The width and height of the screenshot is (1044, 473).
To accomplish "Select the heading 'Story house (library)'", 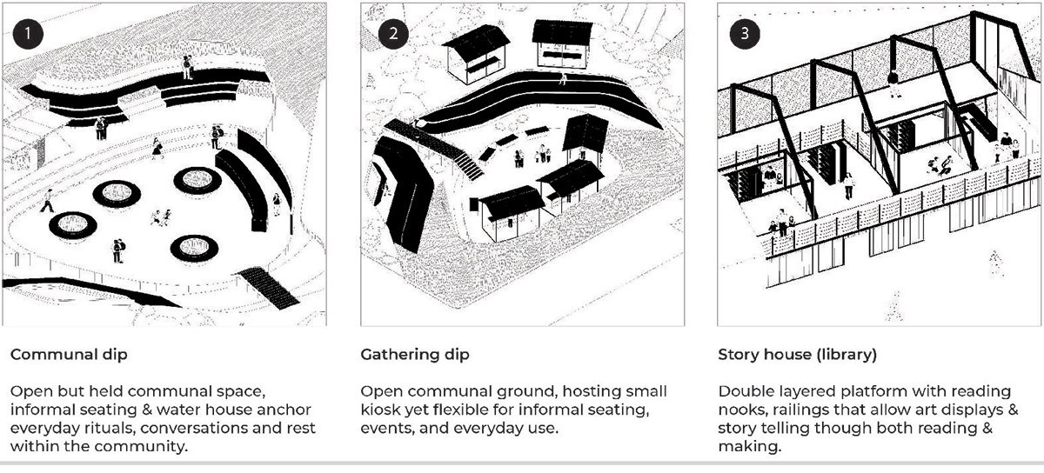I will click(x=797, y=355).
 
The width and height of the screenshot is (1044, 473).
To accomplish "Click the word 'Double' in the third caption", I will click(x=742, y=390).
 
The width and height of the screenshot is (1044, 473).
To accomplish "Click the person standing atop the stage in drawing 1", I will click(x=186, y=66).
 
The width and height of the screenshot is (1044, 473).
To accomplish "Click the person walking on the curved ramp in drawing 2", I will click(x=563, y=78).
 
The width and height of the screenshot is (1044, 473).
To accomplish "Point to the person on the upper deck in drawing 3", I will click(x=893, y=83).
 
